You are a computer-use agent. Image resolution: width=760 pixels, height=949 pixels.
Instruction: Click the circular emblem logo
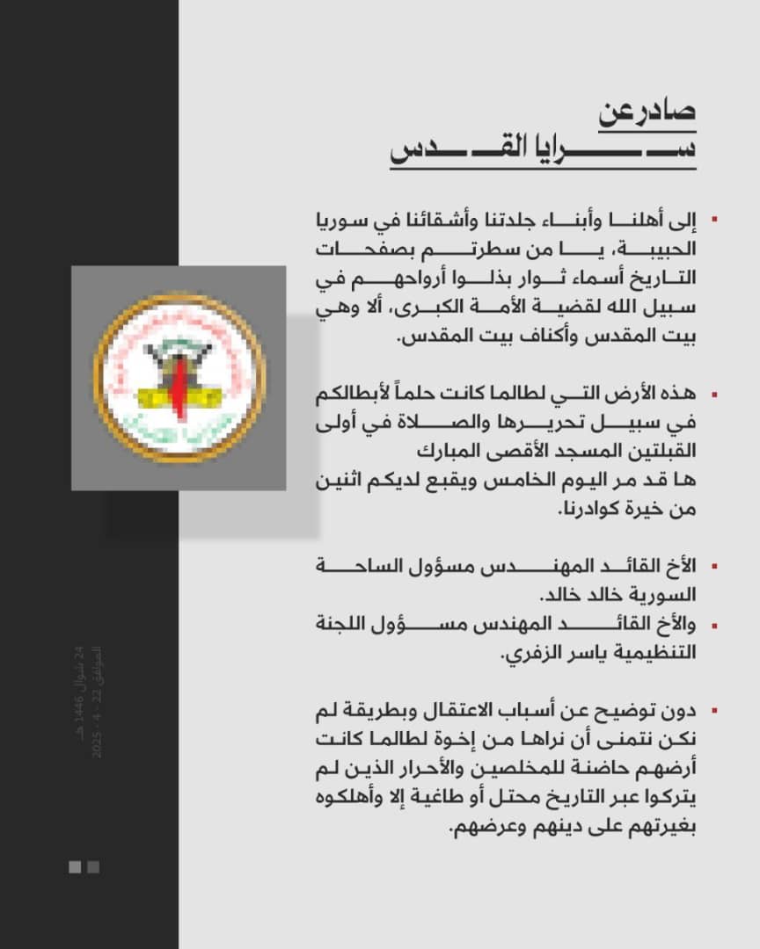point(179,377)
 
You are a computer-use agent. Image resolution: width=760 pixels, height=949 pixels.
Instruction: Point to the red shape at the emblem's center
point(179,385)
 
